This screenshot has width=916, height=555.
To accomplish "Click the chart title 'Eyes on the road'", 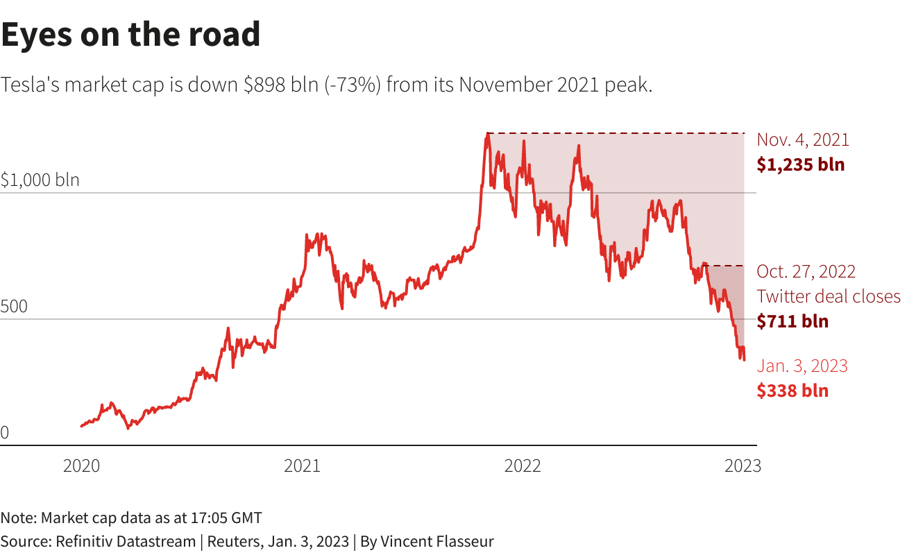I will click(x=130, y=35).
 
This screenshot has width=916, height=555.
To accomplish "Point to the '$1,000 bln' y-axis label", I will click(x=40, y=180).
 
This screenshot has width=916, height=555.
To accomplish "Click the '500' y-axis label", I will click(x=15, y=307).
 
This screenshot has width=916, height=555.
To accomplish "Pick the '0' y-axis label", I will click(x=5, y=433).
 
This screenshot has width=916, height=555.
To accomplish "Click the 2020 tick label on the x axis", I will click(x=81, y=466).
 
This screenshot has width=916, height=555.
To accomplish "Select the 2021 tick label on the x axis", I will click(x=302, y=466).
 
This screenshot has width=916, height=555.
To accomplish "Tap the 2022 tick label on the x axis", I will click(x=523, y=466).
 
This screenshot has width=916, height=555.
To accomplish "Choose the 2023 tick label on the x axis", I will click(x=743, y=466).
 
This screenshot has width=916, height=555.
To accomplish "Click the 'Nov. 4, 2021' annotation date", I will click(x=803, y=139).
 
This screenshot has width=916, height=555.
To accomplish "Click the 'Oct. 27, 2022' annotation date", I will click(x=806, y=271).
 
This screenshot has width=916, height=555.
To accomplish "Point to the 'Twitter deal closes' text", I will click(x=829, y=296).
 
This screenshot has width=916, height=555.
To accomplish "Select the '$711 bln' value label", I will click(x=792, y=321).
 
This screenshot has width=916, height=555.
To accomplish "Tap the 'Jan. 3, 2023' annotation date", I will click(x=802, y=366).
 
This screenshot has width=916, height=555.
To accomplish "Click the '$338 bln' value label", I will click(x=792, y=391).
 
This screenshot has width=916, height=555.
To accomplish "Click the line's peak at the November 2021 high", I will click(x=488, y=134).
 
